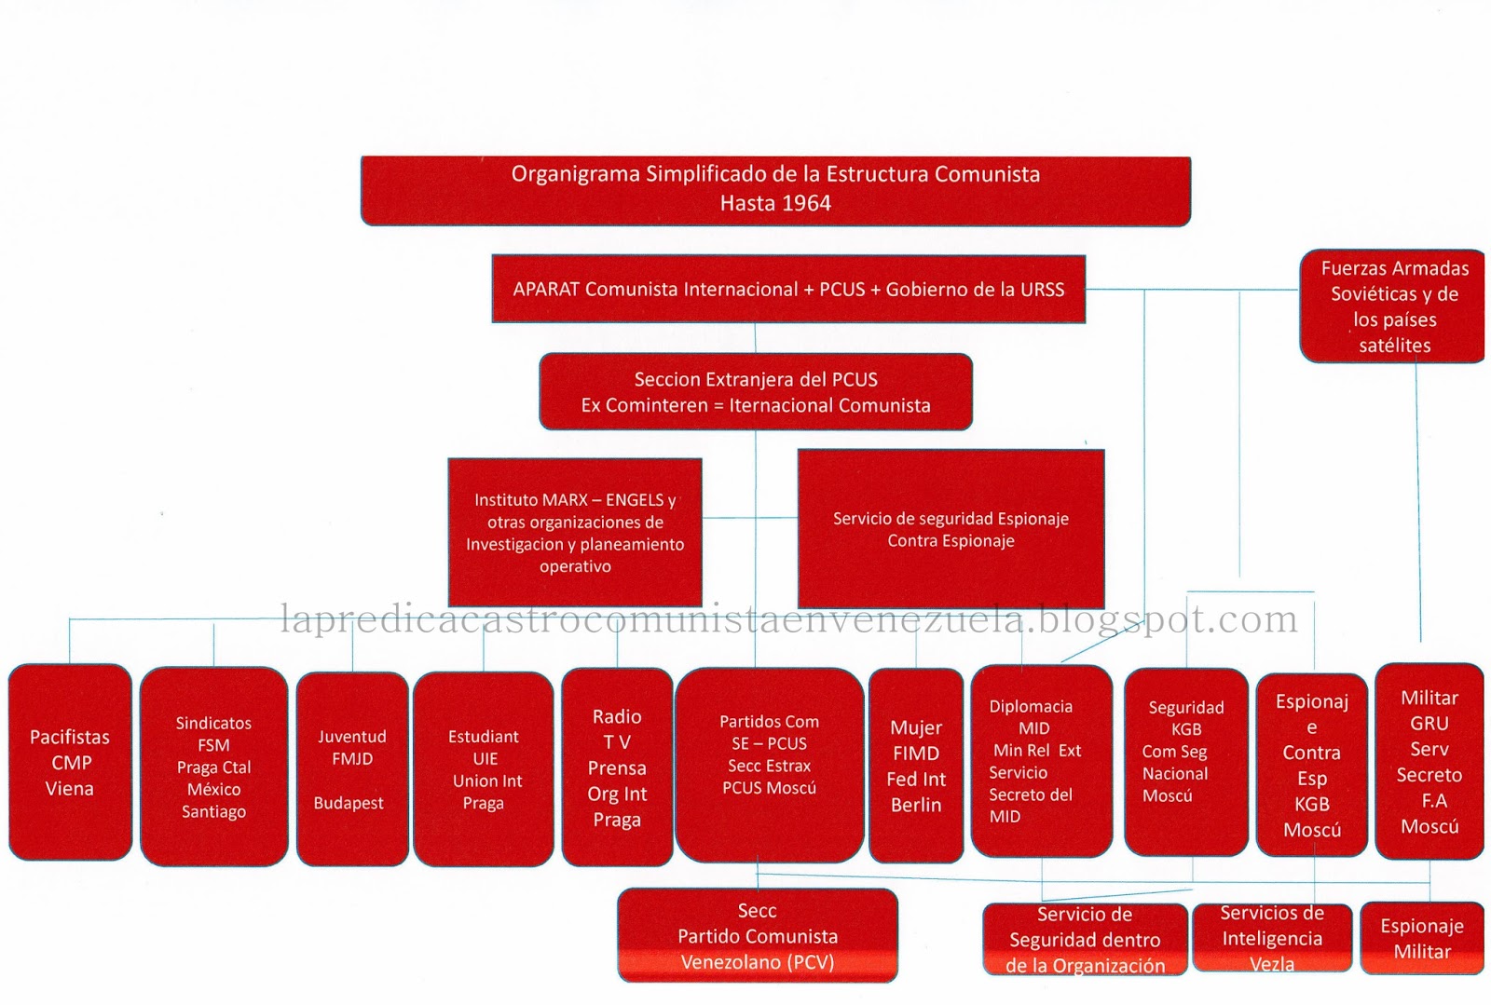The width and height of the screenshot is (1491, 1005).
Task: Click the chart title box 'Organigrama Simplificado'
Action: tap(775, 191)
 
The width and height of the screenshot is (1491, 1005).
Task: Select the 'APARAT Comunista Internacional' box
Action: tap(788, 289)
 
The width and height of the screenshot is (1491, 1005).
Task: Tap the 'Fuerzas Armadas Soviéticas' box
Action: tap(1392, 306)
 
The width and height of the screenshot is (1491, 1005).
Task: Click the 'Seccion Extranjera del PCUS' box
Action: tap(756, 392)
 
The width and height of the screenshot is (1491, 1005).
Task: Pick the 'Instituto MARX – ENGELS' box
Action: tap(575, 532)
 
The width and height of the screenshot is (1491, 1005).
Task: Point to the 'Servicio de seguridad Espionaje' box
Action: tap(951, 529)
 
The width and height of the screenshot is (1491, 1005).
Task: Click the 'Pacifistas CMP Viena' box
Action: tap(71, 762)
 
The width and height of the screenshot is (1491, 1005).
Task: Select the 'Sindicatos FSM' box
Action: tap(213, 767)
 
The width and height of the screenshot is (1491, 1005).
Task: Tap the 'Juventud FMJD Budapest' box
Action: tap(352, 768)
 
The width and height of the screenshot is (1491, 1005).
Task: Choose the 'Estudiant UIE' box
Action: tap(484, 768)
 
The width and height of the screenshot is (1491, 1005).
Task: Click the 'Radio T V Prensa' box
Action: tap(617, 767)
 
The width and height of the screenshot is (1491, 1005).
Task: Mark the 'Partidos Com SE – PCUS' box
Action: tap(770, 766)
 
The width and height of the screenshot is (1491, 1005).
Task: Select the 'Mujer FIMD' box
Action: tap(916, 766)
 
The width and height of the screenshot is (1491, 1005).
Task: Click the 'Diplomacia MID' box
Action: tap(1042, 761)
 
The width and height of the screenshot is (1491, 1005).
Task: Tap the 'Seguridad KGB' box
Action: tap(1186, 762)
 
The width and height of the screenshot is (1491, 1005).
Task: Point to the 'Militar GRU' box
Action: tap(1429, 762)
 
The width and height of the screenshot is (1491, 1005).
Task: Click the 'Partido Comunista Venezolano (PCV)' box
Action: tap(758, 935)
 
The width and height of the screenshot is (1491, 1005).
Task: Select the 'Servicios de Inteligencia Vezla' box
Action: tap(1272, 938)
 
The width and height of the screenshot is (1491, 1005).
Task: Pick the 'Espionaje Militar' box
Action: tap(1422, 939)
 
